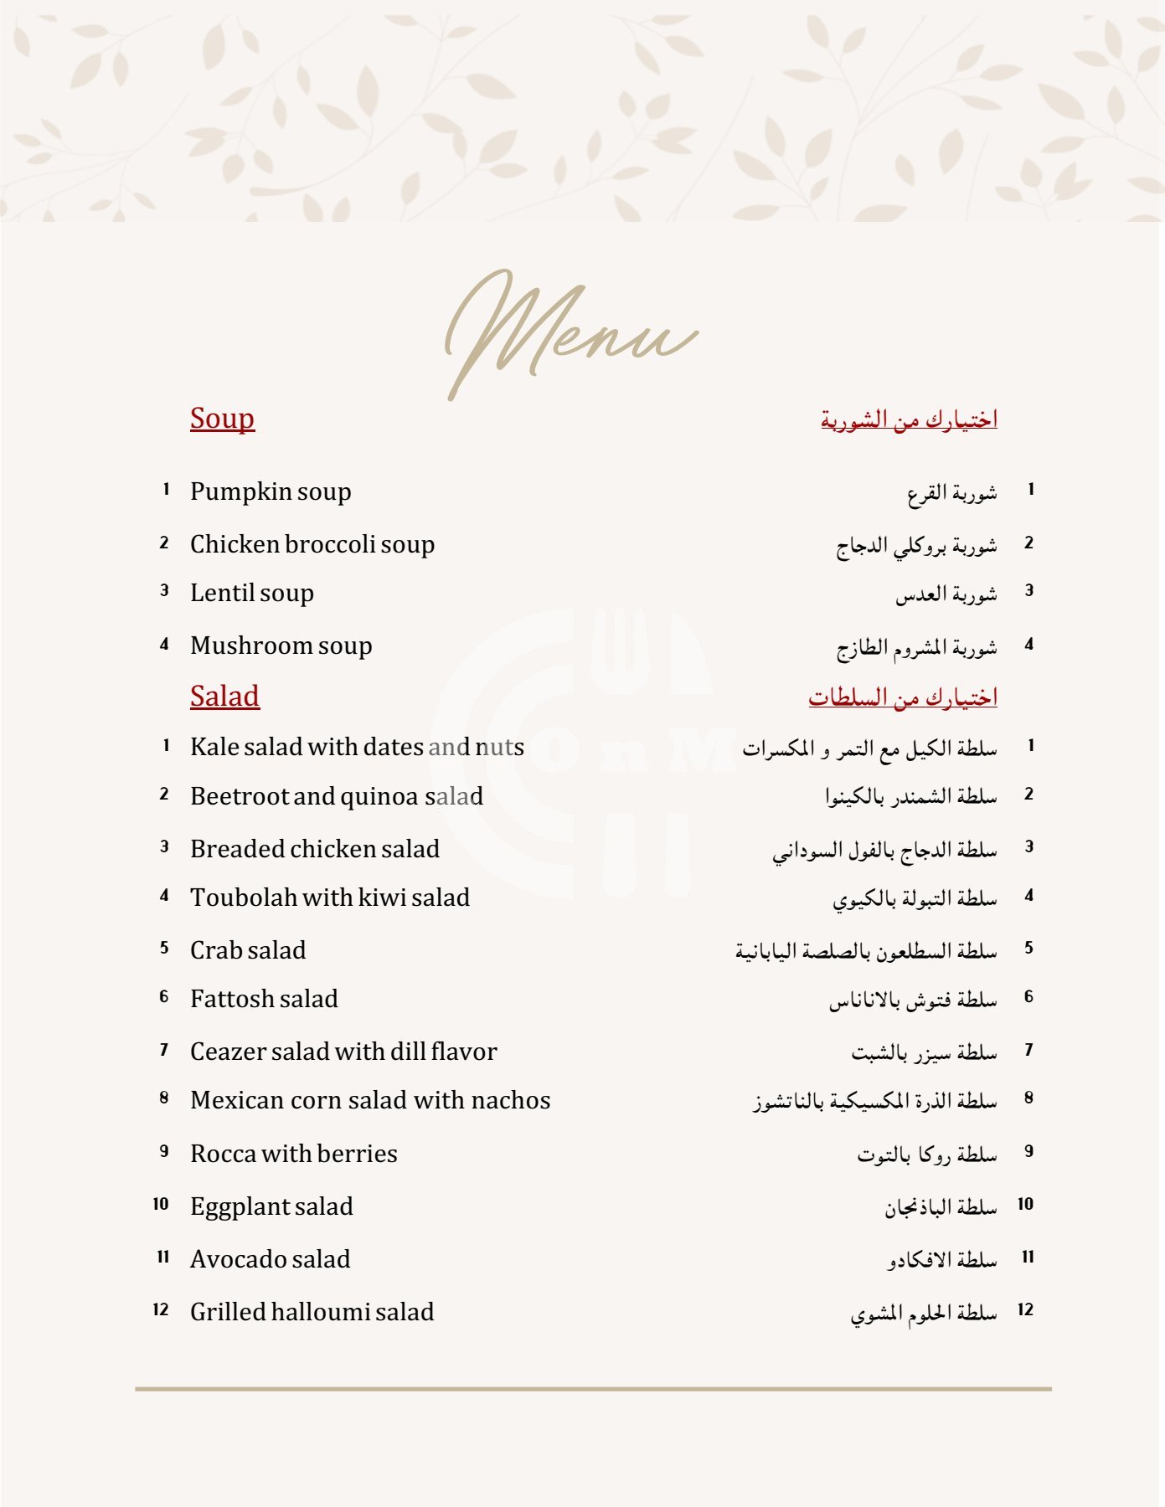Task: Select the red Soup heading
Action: click(222, 419)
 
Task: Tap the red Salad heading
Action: click(224, 697)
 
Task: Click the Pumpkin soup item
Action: click(271, 491)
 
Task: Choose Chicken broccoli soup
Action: click(312, 544)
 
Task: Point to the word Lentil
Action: click(220, 593)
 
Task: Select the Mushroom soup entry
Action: click(281, 645)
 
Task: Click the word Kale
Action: click(214, 747)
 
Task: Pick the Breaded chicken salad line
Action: click(314, 849)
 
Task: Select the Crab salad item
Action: click(248, 950)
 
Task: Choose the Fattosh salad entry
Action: click(264, 999)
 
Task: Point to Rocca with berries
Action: click(293, 1154)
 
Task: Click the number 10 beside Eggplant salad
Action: click(161, 1205)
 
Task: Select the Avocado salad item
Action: click(270, 1259)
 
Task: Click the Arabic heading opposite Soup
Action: click(909, 419)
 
